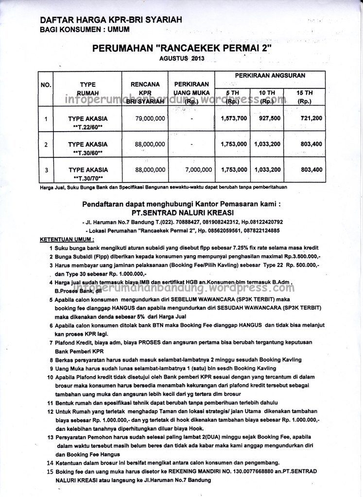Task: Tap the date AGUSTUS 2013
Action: (182, 59)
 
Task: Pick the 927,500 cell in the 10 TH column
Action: (270, 118)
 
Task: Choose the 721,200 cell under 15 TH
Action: (311, 118)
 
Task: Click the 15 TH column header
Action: (305, 93)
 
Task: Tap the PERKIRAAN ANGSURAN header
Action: (270, 76)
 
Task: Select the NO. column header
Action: (46, 85)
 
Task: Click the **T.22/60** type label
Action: (88, 127)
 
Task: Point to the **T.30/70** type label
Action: (88, 179)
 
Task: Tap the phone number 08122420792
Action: (265, 221)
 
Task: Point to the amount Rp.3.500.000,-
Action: (296, 256)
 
